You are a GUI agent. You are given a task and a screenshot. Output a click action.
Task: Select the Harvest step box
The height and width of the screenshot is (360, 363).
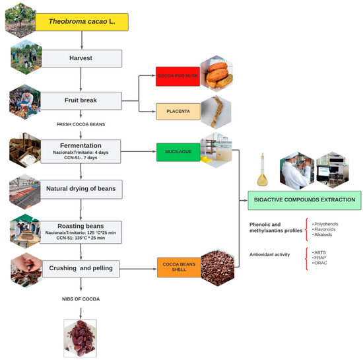(x=81, y=58)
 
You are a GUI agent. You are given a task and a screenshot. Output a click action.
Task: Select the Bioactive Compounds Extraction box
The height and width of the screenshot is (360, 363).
(x=303, y=200)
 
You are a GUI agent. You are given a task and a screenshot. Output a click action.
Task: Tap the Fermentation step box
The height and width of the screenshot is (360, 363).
(x=81, y=148)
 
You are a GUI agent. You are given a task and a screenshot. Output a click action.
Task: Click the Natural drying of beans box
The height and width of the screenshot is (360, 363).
(x=81, y=188)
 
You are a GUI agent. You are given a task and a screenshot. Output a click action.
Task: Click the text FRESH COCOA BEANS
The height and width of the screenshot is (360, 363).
(x=81, y=124)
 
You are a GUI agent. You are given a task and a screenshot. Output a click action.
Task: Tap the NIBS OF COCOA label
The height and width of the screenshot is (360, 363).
(x=81, y=299)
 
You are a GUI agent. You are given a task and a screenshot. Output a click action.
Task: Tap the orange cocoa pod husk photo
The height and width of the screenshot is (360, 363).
(x=217, y=72)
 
